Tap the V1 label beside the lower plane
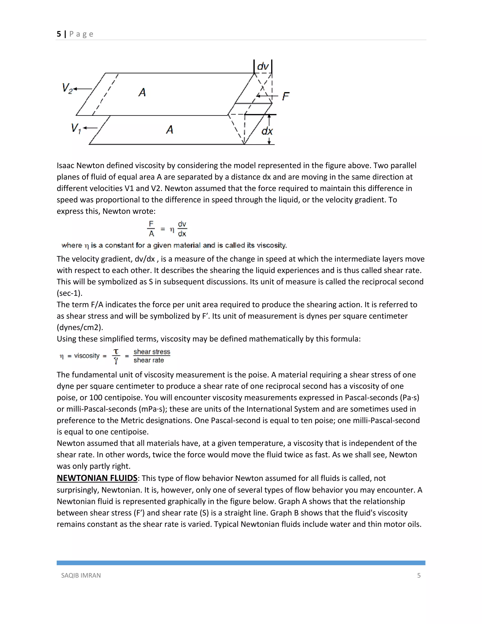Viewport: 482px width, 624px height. click(x=76, y=128)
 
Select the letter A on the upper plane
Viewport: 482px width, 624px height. click(x=142, y=92)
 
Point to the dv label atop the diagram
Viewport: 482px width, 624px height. click(x=263, y=67)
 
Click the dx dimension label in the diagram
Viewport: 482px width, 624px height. click(x=267, y=131)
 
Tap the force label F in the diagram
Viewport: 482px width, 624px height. click(x=285, y=96)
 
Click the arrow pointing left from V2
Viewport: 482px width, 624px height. click(x=83, y=89)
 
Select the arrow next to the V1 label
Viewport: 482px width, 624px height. click(x=90, y=128)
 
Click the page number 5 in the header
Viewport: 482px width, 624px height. click(x=59, y=34)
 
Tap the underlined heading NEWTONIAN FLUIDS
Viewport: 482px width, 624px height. click(x=97, y=478)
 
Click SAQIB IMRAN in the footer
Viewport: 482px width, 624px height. click(x=81, y=575)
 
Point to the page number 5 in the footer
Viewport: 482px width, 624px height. click(x=419, y=575)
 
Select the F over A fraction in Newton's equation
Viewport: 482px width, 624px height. click(x=151, y=229)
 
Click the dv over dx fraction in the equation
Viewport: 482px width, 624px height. click(x=182, y=229)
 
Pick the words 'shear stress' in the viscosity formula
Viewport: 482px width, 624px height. click(x=152, y=352)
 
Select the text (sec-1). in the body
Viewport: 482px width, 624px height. click(x=69, y=293)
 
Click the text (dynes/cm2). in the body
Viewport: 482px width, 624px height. click(x=80, y=328)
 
